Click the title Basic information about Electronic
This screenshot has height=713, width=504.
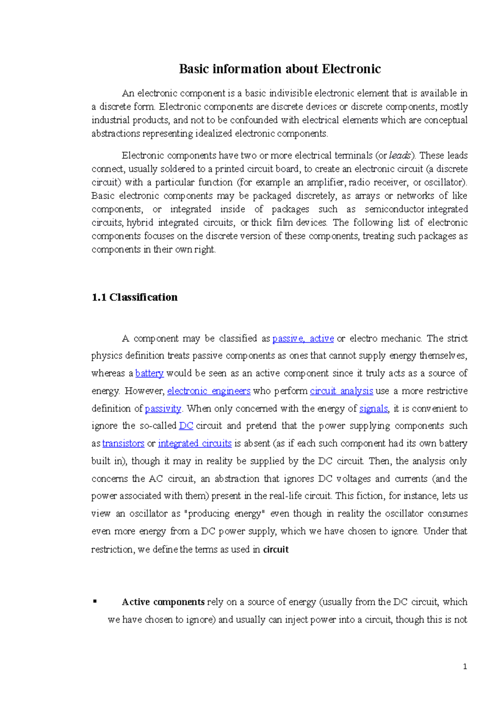click(280, 69)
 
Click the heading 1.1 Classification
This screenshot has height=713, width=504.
click(134, 297)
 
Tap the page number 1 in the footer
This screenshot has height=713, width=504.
click(465, 667)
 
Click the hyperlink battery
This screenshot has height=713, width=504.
click(149, 373)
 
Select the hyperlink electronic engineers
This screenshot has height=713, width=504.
click(209, 391)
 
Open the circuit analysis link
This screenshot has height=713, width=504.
click(341, 391)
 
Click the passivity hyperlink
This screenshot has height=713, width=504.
click(163, 409)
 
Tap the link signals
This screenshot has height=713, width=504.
click(374, 409)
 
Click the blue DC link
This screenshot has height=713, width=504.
click(186, 426)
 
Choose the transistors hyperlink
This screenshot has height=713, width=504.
click(123, 443)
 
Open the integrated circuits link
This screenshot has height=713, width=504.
click(194, 443)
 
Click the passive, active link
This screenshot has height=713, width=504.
click(303, 338)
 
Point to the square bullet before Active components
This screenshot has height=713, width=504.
click(95, 601)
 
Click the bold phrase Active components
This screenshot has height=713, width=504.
click(163, 602)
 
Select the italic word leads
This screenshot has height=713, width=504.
click(399, 155)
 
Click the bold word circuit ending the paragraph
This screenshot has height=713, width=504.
click(276, 550)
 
